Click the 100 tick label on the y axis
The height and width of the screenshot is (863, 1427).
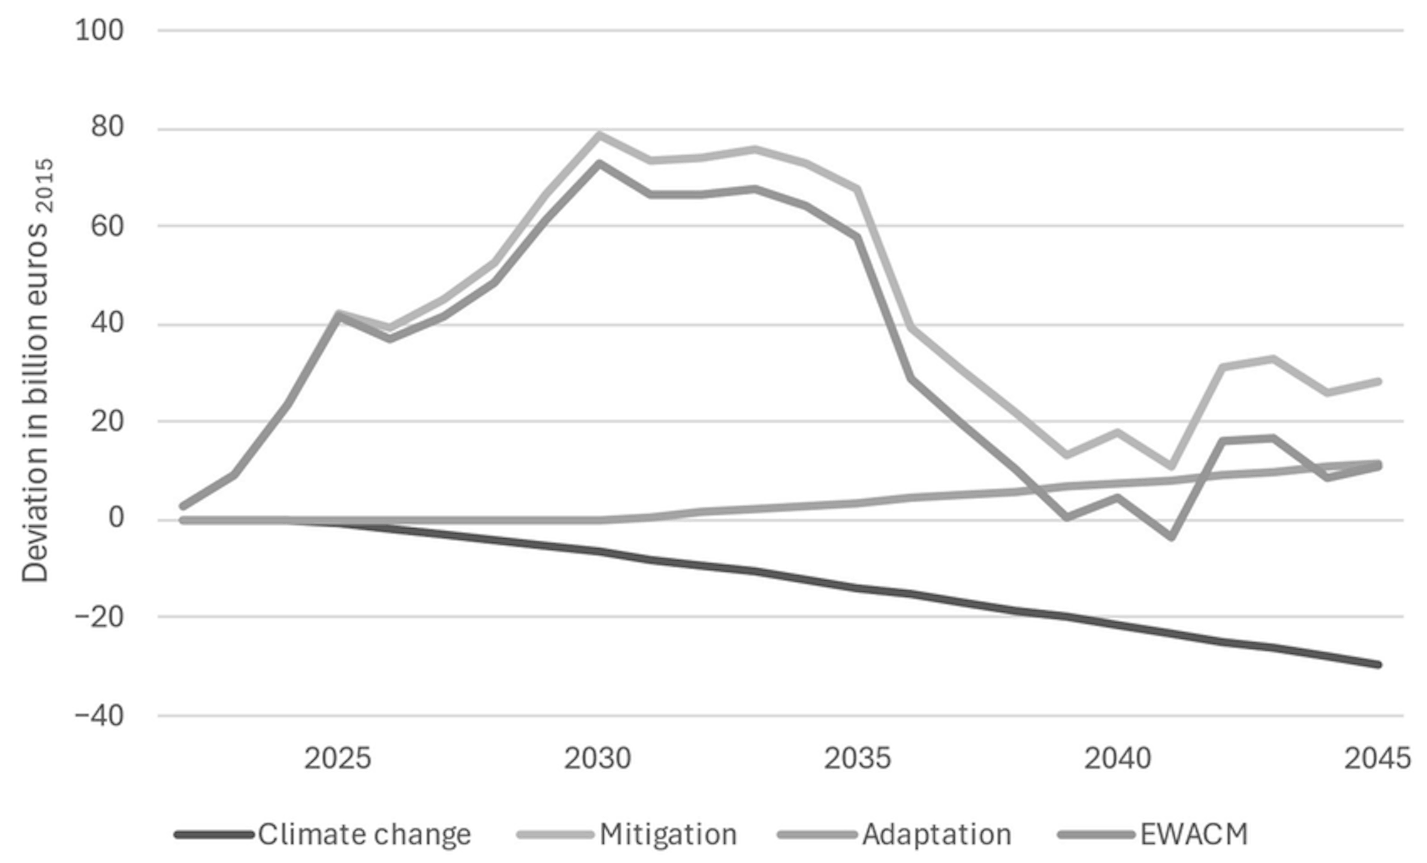coord(99,30)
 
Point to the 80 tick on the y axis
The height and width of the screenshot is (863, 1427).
coord(107,127)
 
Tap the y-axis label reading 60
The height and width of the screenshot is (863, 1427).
coord(107,226)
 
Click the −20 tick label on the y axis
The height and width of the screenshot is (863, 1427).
coord(99,616)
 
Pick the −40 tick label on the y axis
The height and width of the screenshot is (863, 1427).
coord(99,716)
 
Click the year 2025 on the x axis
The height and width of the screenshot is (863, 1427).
coord(337,759)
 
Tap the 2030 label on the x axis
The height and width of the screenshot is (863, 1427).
coord(598,759)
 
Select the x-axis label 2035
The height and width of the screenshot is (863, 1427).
coord(857,759)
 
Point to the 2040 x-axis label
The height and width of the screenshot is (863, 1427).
coord(1117,759)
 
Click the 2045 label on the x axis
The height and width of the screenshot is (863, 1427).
coord(1377,759)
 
